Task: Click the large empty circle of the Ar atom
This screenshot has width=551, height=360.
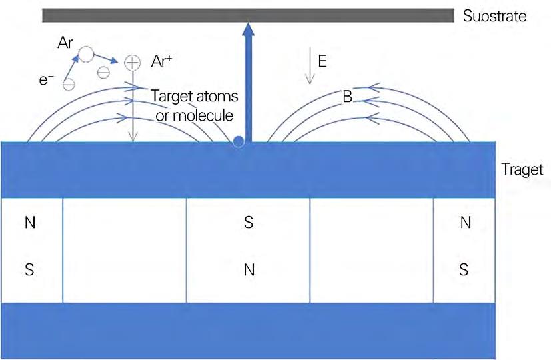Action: click(x=87, y=54)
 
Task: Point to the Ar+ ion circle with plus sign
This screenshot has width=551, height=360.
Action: click(x=133, y=63)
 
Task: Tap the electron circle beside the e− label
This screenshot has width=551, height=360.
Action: click(x=68, y=84)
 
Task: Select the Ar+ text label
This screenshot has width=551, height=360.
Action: click(x=163, y=62)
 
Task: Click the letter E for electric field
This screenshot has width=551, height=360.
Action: click(x=322, y=61)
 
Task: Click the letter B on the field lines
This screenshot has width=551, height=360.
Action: click(x=347, y=97)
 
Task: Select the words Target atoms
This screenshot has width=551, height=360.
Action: click(x=195, y=97)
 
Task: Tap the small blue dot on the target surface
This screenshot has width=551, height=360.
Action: click(x=239, y=142)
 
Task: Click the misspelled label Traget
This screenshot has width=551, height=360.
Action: click(x=522, y=170)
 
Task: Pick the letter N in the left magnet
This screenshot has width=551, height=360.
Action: click(x=30, y=223)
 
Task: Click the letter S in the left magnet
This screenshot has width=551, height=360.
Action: click(x=30, y=270)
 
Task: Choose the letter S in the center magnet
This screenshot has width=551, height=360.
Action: click(x=249, y=223)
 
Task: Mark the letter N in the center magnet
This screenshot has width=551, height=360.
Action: click(x=249, y=270)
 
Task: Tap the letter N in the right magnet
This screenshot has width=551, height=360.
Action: click(x=465, y=223)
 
